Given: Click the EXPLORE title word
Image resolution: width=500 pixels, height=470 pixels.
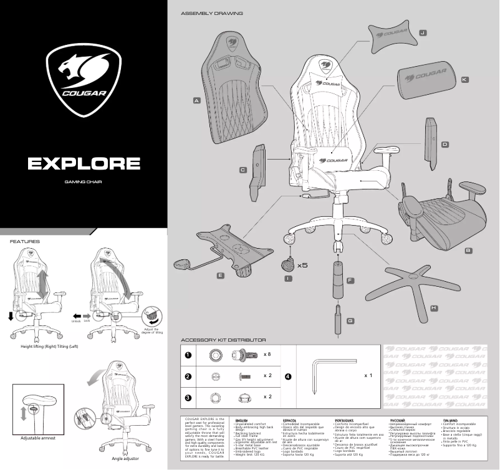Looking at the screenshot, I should click(x=84, y=163).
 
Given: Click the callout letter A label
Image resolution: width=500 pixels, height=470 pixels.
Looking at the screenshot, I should click(x=196, y=100).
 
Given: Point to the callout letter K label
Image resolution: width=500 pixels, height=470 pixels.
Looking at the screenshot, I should click(x=464, y=80).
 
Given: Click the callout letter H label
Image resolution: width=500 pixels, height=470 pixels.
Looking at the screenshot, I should click(x=434, y=308).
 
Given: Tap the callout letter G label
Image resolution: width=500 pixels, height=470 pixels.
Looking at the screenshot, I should click(x=350, y=320).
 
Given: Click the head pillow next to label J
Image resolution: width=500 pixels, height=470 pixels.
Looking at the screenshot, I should click(x=392, y=38).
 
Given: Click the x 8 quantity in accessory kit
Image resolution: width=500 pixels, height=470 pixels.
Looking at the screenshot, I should click(x=268, y=354).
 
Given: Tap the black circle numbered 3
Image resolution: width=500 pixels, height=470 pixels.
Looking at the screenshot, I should click(x=187, y=397).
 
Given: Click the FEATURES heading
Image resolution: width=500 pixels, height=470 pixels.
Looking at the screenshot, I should click(x=24, y=241).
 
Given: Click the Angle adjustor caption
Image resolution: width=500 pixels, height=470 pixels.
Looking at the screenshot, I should click(x=125, y=459).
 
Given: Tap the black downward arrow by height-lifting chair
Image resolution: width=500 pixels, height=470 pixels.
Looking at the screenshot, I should click(x=11, y=316).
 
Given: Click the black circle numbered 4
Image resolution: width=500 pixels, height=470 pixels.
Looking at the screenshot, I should click(x=287, y=376).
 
